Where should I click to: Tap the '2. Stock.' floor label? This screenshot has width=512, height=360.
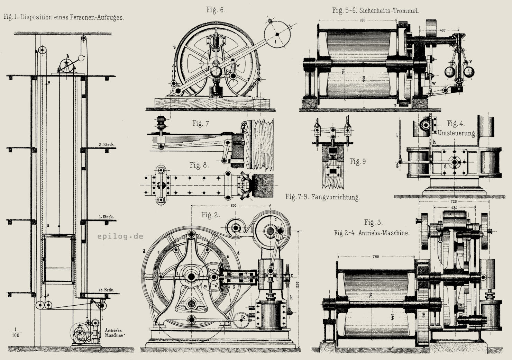pos(107,144)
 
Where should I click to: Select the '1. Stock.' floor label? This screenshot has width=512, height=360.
pos(107,217)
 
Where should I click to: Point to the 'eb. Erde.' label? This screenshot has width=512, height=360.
pos(106,290)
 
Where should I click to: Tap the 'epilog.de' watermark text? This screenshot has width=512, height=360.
pos(120,236)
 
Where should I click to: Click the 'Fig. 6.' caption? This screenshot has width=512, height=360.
pos(216,10)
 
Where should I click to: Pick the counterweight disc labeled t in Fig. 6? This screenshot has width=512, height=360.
pos(277,35)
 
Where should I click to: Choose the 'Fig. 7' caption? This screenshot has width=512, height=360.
pos(201,124)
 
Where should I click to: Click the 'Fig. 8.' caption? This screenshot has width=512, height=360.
pos(199,165)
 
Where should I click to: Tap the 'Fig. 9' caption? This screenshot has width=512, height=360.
pos(357,161)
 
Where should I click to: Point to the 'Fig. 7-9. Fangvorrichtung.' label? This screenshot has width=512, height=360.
pos(322,197)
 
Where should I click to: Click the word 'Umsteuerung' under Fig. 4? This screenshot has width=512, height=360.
pos(456,133)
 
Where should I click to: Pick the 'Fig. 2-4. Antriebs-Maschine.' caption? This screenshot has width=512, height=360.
pos(372,233)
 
